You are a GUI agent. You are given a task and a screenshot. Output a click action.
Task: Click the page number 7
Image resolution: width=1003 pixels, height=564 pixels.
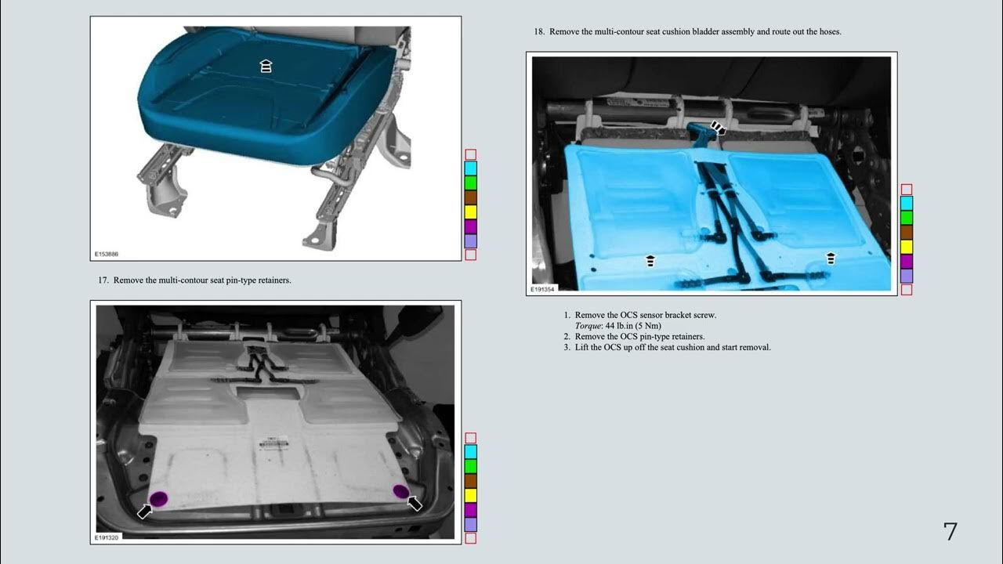coord(950,531)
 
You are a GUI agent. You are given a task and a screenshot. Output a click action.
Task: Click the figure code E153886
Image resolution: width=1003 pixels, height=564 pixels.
coord(106,255)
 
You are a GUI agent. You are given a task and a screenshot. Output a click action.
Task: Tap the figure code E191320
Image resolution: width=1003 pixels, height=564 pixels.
coord(106,537)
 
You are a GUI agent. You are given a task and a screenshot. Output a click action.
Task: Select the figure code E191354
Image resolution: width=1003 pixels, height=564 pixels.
coord(542,290)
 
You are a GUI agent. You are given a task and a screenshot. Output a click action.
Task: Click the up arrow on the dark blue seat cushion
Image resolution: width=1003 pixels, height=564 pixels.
coord(266,66)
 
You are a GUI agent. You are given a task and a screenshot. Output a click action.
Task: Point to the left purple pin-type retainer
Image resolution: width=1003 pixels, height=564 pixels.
coord(158,499)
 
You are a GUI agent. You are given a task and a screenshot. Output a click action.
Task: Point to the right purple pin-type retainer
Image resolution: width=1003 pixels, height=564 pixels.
coord(400,491)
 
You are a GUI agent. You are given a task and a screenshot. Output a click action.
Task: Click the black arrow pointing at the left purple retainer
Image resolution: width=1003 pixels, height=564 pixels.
coord(144,512)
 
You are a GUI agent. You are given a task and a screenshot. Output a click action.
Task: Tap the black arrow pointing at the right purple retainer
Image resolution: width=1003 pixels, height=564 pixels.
coord(415,504)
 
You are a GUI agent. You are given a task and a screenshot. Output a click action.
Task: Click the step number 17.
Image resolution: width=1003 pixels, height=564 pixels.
coord(103,280)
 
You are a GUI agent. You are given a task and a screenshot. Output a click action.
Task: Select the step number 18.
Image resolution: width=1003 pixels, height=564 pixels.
coord(539,32)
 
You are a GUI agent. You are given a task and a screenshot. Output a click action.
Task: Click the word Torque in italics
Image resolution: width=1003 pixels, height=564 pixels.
coord(588,326)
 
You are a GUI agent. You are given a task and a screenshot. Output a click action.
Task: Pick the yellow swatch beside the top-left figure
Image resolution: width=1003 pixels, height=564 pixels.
coord(471,212)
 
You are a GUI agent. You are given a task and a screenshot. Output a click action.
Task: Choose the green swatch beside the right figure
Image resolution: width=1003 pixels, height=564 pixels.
coord(907,218)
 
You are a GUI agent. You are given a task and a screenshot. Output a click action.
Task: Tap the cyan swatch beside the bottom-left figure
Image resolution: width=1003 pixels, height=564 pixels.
coord(471,452)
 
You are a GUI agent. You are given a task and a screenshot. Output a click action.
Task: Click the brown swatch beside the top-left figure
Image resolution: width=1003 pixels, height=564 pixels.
coord(471,198)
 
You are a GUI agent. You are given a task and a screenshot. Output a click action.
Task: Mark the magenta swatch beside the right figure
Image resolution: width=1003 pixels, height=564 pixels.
coord(907,262)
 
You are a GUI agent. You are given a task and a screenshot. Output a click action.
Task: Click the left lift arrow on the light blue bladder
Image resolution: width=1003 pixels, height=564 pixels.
coord(650,261)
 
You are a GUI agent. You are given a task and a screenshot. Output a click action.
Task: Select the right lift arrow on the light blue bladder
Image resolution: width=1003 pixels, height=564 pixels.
coord(831,258)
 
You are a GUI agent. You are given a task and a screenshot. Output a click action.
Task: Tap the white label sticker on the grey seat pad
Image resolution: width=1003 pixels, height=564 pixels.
coord(273,443)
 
